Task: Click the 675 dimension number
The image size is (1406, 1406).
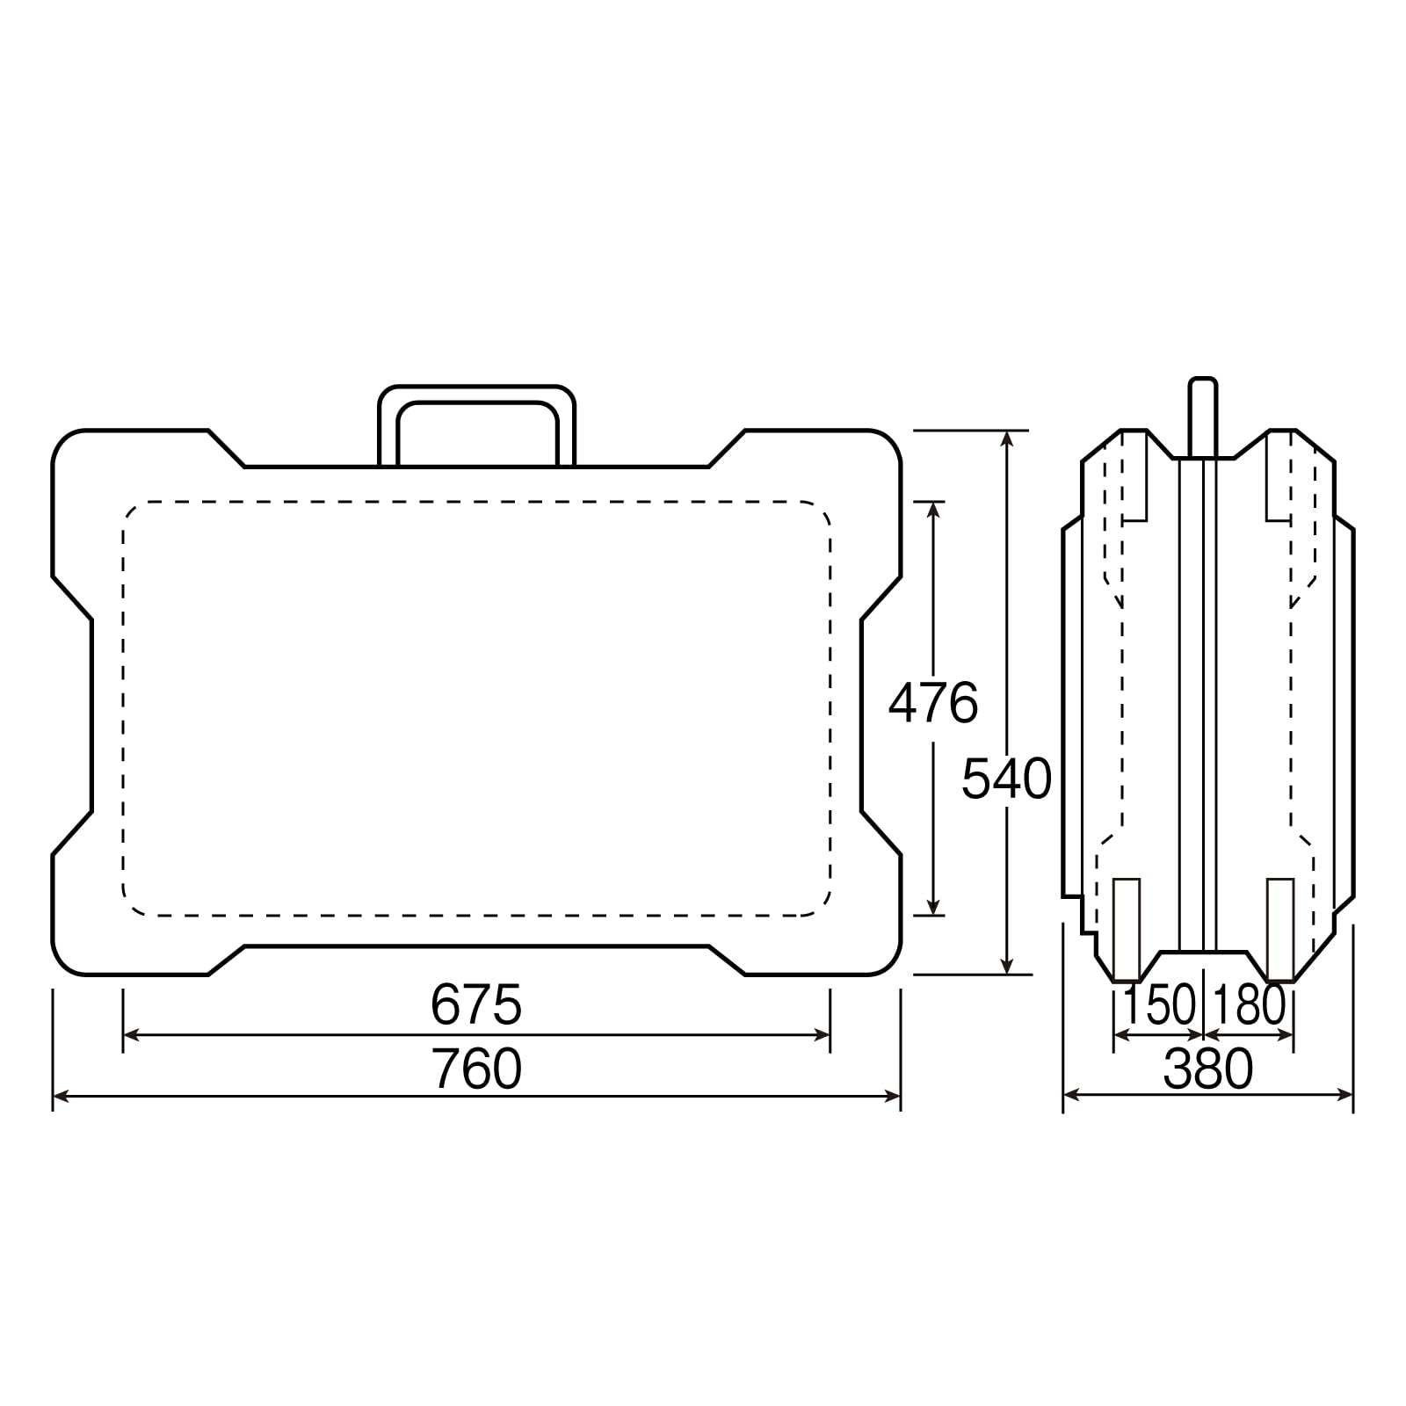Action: [x=476, y=1004]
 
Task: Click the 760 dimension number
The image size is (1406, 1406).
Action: [x=476, y=1069]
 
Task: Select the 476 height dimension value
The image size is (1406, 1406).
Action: [x=933, y=703]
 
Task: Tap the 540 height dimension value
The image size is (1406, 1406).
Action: [x=1006, y=779]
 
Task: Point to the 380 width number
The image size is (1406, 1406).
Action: [x=1208, y=1070]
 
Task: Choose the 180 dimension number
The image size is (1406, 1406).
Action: [x=1249, y=1005]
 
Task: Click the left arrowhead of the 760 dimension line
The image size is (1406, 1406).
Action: [x=62, y=1096]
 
